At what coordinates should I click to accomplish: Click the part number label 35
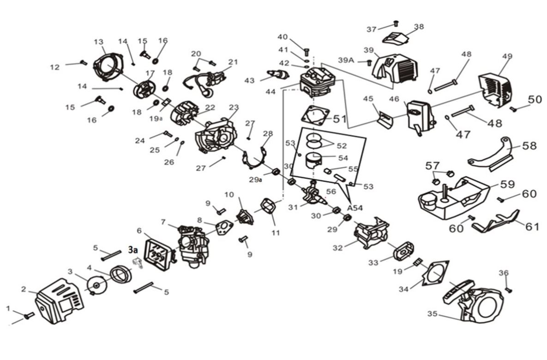[432, 314]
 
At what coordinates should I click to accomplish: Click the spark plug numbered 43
[278, 75]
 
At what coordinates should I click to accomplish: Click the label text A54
[354, 208]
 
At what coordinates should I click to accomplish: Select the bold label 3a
[133, 250]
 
